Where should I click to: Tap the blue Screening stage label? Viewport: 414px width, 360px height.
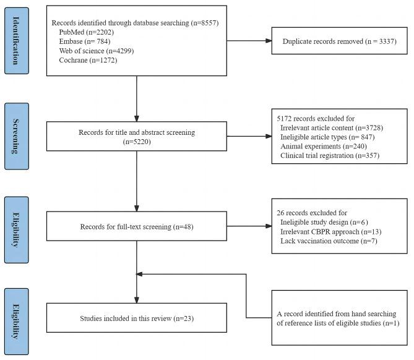(x=17, y=136)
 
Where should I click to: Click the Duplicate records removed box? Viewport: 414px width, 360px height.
(x=339, y=42)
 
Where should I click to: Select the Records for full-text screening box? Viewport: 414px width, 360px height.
(x=136, y=226)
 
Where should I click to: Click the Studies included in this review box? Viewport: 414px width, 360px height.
(x=136, y=319)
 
